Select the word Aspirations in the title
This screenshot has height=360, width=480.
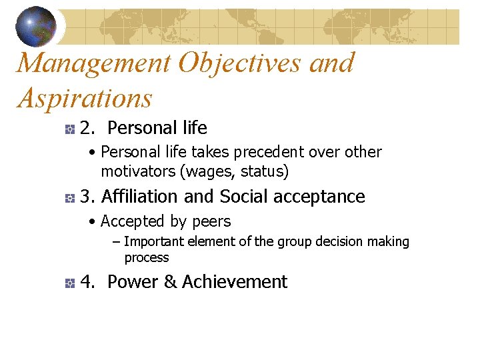85,99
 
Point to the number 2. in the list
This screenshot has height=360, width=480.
87,127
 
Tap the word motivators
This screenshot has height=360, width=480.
137,171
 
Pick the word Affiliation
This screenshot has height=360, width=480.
140,197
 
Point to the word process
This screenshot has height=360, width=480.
147,257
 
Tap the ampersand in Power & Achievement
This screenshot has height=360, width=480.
170,282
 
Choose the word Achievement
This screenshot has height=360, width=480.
235,282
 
